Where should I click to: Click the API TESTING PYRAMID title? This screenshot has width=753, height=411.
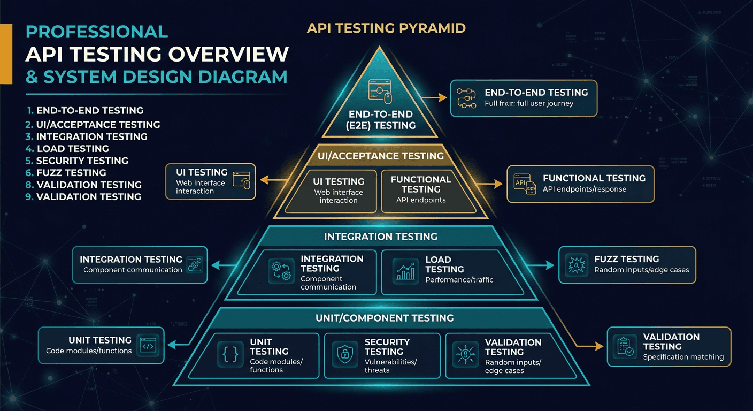386,28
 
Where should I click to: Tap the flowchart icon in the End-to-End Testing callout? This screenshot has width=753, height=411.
467,98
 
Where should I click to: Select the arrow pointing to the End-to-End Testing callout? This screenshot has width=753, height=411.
434,98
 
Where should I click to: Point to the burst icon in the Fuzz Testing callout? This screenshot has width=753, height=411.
577,264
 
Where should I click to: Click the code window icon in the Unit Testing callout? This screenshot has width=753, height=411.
148,346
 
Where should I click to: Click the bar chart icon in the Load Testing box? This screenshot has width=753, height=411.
406,270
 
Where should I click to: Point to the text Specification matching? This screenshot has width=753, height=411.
683,357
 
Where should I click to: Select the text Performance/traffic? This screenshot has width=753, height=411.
459,280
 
